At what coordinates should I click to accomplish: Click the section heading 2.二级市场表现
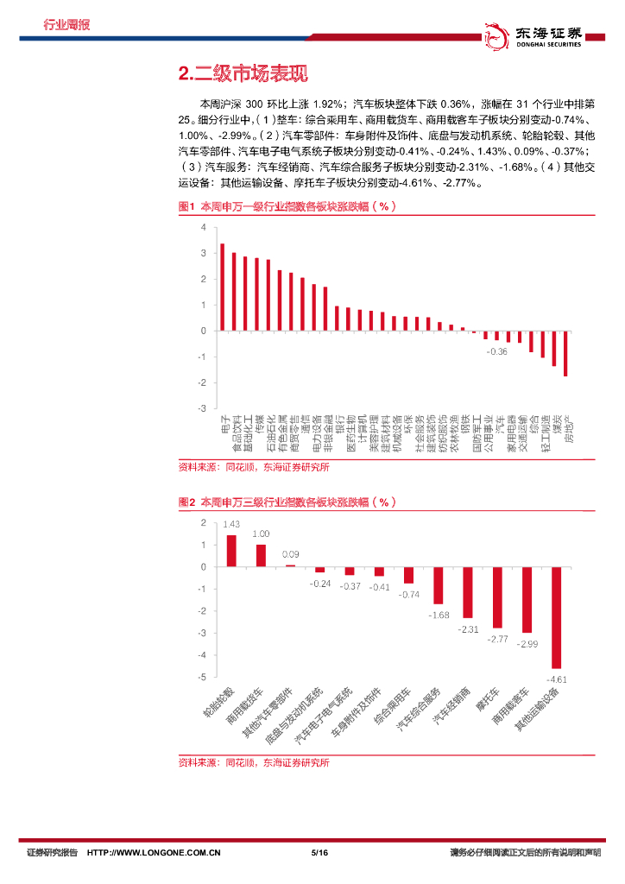click(x=243, y=74)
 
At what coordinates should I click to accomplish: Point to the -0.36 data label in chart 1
click(x=496, y=352)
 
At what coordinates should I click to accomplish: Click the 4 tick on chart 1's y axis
click(x=203, y=227)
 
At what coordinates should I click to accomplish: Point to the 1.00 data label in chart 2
click(x=261, y=534)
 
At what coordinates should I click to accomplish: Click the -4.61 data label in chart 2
click(x=557, y=679)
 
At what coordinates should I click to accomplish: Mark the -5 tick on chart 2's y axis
click(x=203, y=677)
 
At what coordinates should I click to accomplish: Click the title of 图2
click(x=286, y=502)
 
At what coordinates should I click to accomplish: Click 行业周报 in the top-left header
click(x=67, y=24)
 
